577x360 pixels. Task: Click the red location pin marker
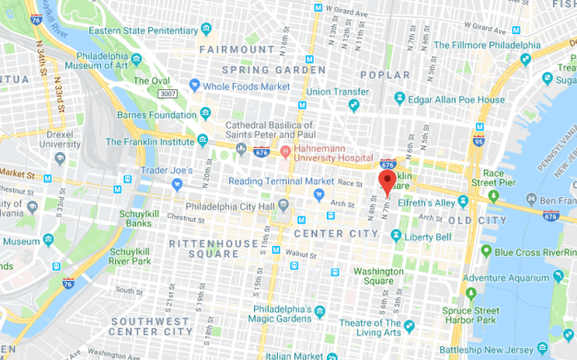click(x=387, y=180)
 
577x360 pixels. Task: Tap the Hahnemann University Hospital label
click(x=334, y=155)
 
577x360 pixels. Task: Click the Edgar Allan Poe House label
click(x=456, y=99)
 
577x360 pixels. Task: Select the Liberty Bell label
click(x=429, y=237)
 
